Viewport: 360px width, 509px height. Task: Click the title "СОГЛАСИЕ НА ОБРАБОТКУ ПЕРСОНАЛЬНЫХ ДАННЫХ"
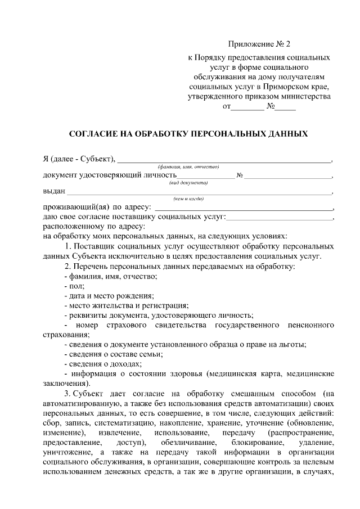(x=188, y=134)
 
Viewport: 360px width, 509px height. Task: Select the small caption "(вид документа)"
(x=188, y=183)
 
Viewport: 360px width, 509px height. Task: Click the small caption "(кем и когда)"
(x=188, y=199)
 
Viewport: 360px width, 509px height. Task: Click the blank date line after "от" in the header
(x=247, y=109)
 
